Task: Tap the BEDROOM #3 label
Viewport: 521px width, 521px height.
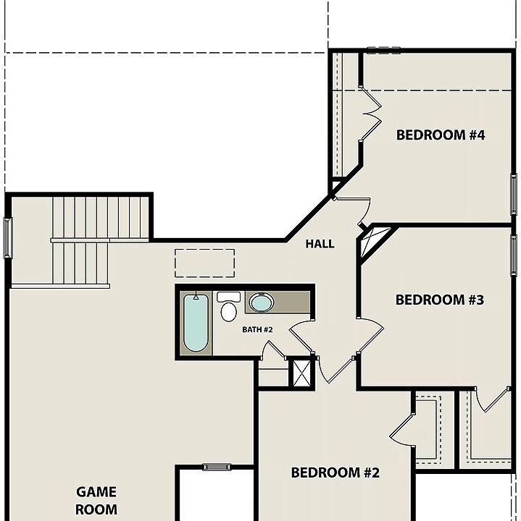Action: pos(439,300)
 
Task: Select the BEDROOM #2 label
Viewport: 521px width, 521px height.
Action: pos(335,473)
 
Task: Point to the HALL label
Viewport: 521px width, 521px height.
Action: pos(320,244)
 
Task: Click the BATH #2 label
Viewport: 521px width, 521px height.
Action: pos(257,330)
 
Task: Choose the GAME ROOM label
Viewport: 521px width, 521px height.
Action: pos(96,500)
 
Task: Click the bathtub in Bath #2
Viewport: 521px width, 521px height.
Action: pos(196,323)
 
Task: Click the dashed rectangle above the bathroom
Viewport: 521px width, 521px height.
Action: pos(204,263)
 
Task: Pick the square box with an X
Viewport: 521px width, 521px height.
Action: pos(300,373)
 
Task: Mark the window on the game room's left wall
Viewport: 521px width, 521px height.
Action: pos(8,237)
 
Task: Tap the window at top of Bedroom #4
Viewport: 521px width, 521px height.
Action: pos(383,50)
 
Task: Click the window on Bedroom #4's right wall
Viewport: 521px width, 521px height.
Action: pos(514,195)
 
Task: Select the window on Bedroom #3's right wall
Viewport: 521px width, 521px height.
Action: pos(514,255)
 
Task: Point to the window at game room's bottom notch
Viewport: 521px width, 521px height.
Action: pos(216,467)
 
